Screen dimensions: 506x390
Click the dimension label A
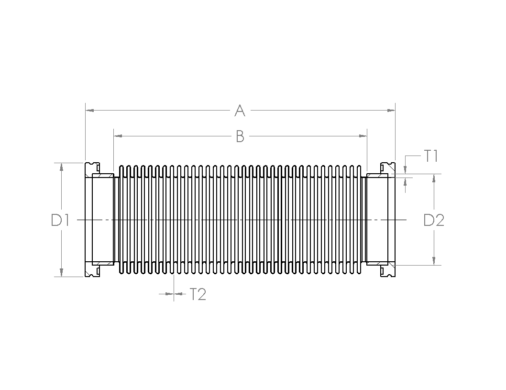(x=240, y=111)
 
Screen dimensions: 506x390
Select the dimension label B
(x=240, y=136)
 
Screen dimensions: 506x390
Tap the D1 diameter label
(x=60, y=220)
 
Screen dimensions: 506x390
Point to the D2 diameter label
(x=434, y=220)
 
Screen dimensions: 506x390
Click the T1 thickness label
(x=430, y=156)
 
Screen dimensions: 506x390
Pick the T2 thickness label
(x=198, y=294)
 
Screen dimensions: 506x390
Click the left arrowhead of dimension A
(x=90, y=111)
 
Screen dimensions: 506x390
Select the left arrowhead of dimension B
(x=118, y=136)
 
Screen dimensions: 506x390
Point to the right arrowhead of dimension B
(x=363, y=136)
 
